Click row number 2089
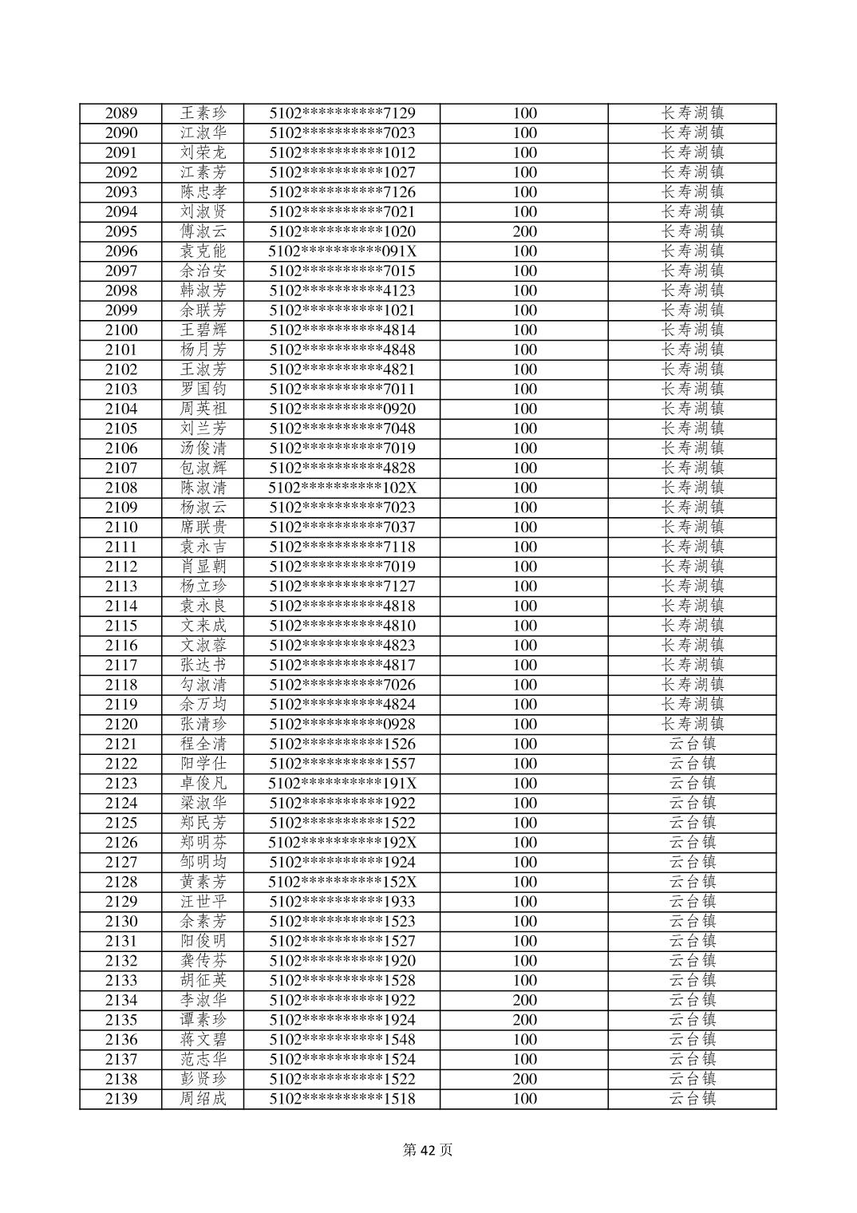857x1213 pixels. point(121,113)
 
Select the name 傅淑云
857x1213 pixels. point(203,231)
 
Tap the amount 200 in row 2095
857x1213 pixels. point(524,231)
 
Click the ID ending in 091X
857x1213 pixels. point(342,251)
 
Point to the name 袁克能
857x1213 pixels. point(203,251)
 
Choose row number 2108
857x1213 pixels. point(121,488)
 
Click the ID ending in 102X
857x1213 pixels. point(342,488)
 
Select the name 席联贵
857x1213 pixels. point(203,527)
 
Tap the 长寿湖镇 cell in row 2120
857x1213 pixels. point(692,724)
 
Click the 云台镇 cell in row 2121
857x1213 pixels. point(692,744)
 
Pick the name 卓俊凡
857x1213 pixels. point(203,783)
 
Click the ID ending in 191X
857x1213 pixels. point(342,783)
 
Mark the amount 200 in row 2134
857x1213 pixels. point(524,1000)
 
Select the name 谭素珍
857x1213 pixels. point(203,1020)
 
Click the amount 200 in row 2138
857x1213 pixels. point(524,1079)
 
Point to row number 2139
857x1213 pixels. point(121,1099)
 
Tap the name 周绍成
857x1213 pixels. point(203,1099)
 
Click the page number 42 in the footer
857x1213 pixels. point(428,1150)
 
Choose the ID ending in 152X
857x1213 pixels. point(342,882)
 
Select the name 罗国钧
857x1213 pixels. point(203,389)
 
